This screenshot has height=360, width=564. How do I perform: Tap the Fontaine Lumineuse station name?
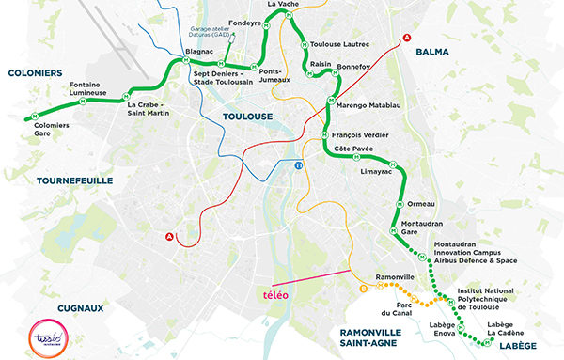(90, 90)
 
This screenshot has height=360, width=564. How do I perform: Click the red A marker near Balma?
(406, 38)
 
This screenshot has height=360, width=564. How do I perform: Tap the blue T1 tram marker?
(299, 164)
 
